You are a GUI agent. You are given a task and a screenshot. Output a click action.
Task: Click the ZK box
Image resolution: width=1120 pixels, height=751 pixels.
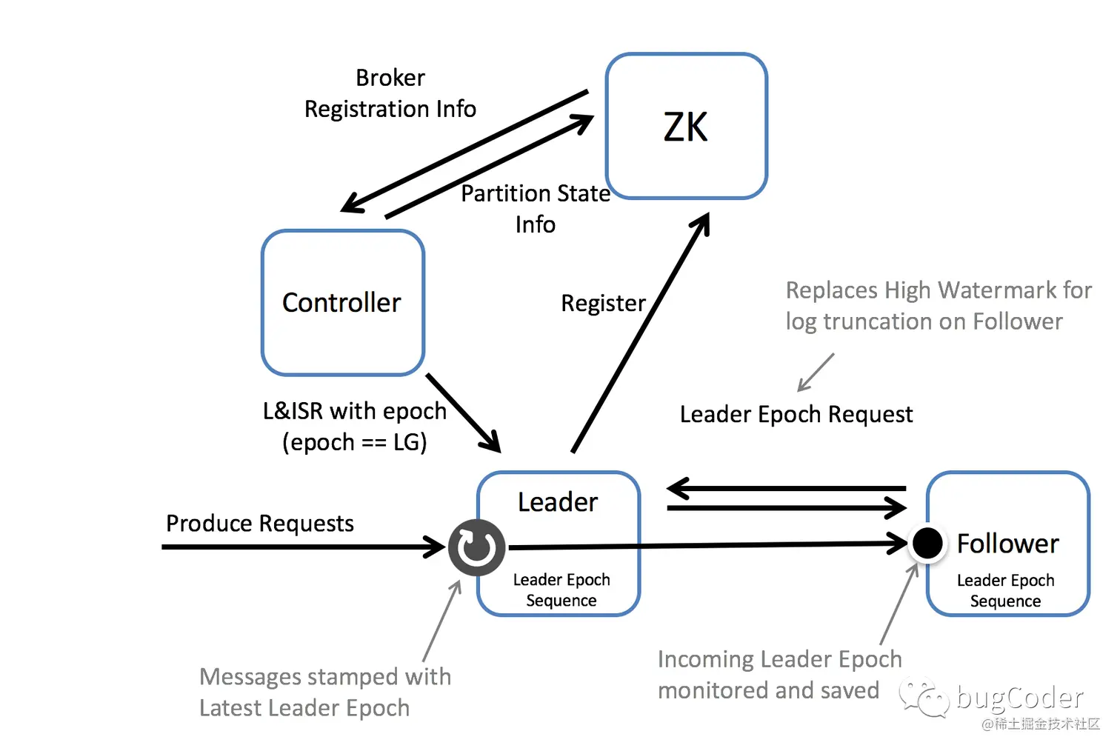pos(687,126)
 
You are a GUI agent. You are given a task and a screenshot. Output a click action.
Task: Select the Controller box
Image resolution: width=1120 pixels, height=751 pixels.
pos(343,302)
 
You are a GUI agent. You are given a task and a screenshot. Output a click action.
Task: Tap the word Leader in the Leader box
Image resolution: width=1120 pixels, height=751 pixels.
pos(558,502)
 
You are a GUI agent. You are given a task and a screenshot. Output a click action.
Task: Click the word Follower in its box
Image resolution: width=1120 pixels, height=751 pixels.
pos(1007,544)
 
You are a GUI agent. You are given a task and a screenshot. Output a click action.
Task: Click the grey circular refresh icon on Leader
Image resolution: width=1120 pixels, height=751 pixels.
pos(476,547)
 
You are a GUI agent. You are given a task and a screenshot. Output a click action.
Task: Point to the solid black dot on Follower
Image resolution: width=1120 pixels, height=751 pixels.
pos(927,543)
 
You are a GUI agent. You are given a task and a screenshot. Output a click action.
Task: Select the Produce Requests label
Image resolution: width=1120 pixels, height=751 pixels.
pos(259,524)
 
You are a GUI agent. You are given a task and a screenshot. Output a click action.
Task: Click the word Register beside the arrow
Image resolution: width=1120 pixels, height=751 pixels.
pos(603,304)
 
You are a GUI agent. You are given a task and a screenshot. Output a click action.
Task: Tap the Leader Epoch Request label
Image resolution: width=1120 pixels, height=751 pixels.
pos(796,415)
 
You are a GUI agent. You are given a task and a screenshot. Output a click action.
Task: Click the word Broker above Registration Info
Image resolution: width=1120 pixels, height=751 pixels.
pos(390,78)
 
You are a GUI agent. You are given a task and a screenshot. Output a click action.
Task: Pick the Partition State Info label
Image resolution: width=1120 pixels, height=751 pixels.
pos(536,209)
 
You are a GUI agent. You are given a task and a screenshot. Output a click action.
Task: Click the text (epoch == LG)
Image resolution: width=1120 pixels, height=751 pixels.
pos(355,442)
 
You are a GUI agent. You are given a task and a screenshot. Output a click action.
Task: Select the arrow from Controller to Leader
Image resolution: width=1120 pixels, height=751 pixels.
pos(464,413)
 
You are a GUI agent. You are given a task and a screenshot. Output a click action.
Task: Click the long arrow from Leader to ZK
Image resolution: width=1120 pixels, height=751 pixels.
pos(641,333)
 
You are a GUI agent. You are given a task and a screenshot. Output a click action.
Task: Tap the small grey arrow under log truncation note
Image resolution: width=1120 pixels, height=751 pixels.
pos(816,373)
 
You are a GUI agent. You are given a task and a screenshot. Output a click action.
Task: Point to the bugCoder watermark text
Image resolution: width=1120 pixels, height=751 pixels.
pos(1020,697)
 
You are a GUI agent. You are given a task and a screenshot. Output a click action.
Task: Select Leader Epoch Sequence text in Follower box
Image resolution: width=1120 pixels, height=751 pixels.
pos(1005,590)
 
